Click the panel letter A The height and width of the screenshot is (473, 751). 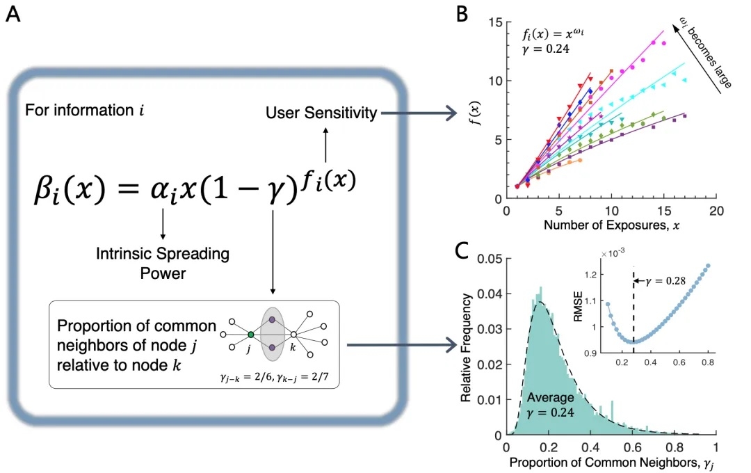(x=14, y=15)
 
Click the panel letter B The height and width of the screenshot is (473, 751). (x=462, y=15)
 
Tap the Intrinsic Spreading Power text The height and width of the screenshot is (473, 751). (x=163, y=262)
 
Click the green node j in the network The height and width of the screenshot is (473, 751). (x=250, y=335)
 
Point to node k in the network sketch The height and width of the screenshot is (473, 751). (x=293, y=335)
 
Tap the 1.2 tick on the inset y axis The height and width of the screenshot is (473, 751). (x=592, y=275)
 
